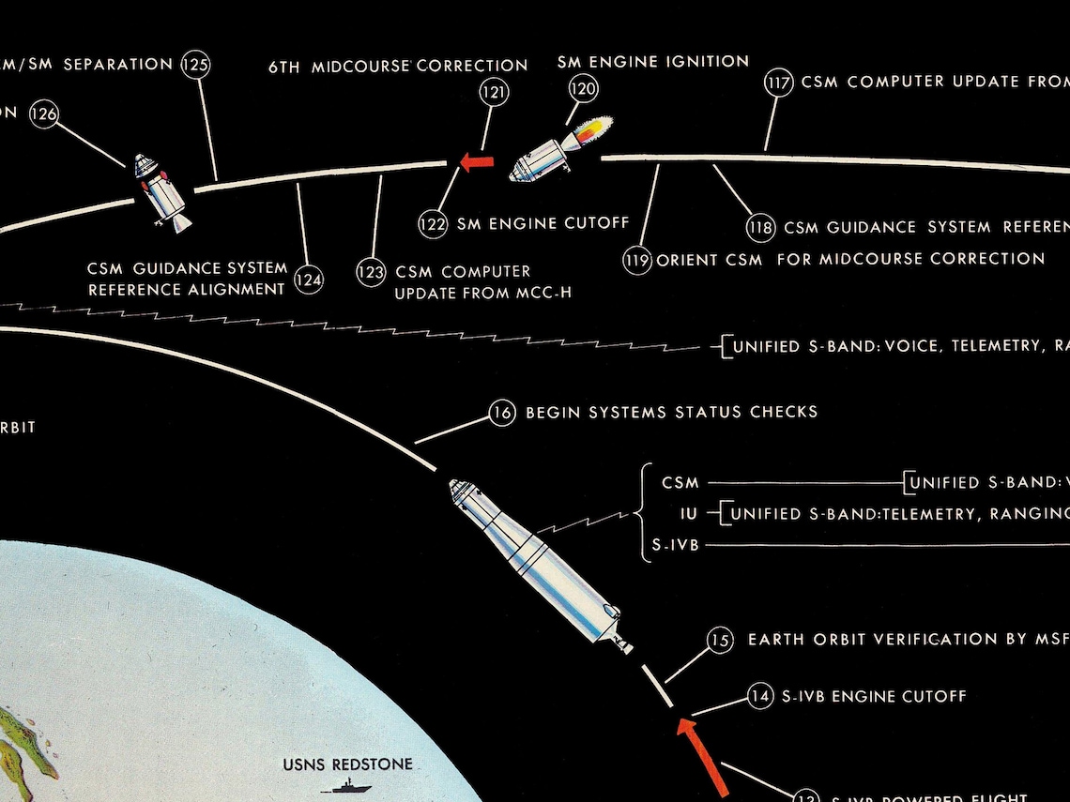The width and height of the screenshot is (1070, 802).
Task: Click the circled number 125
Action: (197, 65)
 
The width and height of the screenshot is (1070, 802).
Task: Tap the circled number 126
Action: (43, 113)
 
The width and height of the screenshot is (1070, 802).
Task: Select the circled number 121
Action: (494, 91)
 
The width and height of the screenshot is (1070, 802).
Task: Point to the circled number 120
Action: (583, 89)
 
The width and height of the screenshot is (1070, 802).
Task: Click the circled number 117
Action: (779, 83)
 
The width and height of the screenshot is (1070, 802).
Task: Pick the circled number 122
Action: (434, 223)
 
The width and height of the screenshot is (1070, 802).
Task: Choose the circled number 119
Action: (637, 259)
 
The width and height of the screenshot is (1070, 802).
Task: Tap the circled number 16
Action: (503, 413)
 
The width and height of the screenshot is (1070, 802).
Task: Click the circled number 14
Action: (760, 696)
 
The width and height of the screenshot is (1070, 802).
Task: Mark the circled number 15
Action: (720, 641)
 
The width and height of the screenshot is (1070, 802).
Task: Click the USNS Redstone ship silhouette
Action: (345, 788)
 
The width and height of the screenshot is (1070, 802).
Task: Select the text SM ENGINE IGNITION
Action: (653, 62)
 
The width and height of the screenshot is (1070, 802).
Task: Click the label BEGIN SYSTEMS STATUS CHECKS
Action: (671, 412)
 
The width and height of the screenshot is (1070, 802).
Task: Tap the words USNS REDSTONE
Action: (347, 764)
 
